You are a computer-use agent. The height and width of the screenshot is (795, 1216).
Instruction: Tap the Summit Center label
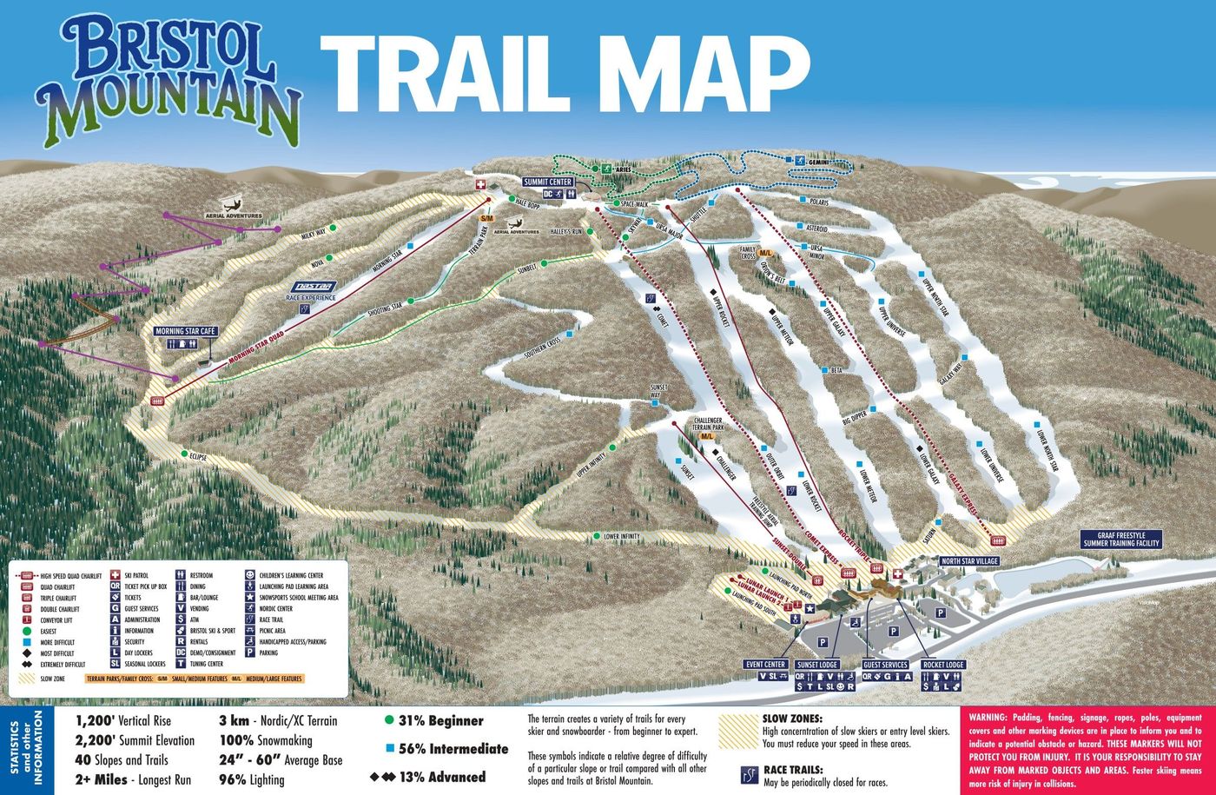547,182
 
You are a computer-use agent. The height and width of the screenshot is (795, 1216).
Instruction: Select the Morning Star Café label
184,331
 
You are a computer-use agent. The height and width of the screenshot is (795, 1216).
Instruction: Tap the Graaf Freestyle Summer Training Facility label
1120,540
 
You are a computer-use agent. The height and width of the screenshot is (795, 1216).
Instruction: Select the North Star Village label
968,561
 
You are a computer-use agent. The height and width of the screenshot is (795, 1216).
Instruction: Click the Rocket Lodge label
943,665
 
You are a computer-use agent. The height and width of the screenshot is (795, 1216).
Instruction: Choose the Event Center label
765,665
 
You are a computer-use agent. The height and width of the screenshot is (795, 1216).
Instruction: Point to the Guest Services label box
885,665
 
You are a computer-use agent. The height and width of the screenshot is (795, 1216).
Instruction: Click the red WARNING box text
1085,748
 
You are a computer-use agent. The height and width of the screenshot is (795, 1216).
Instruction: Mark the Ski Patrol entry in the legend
139,575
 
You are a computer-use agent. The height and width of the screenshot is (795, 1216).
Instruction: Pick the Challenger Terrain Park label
709,424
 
